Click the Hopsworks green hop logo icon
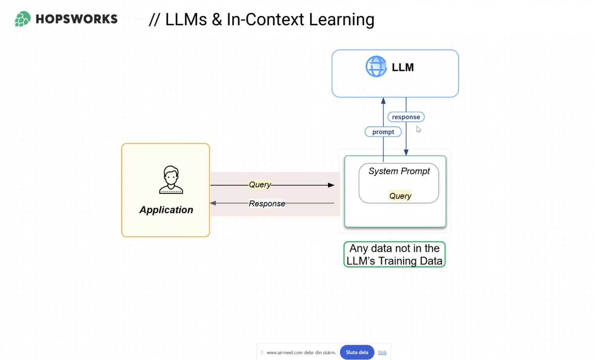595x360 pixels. coord(23,19)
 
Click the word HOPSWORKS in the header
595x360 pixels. coord(77,19)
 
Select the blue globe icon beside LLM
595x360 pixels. coord(376,66)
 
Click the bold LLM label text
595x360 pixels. coord(403,67)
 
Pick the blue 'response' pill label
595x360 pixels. coord(406,117)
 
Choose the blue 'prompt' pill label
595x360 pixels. coord(383,132)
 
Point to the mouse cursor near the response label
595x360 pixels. coord(418,129)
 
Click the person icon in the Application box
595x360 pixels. coord(171,180)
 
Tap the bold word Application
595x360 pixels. coord(166,210)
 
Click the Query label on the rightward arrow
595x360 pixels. coord(260,184)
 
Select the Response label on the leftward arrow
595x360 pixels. coord(267,204)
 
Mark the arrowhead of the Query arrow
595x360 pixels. coord(331,185)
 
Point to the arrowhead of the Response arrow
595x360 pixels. coord(213,203)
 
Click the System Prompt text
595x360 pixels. coord(399,171)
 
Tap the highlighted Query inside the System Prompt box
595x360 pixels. coord(400,196)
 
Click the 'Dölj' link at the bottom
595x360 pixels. coord(382,353)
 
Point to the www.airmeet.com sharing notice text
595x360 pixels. coord(301,353)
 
